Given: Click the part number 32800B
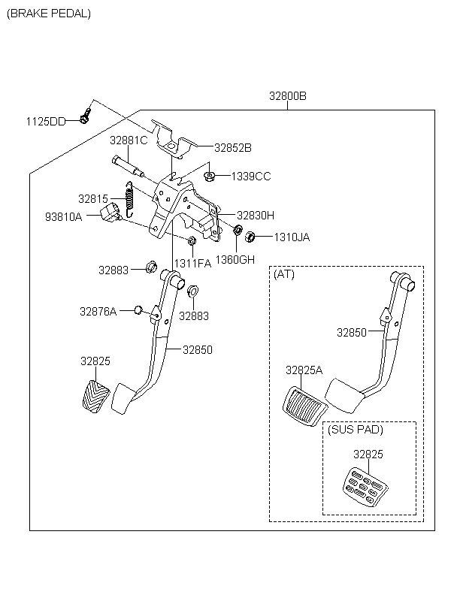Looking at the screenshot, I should (x=288, y=96).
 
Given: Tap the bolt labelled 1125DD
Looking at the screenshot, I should (x=84, y=118).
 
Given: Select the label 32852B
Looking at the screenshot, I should (x=233, y=148).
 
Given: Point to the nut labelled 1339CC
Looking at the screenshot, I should (x=210, y=177).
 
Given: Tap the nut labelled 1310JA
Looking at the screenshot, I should (x=250, y=237).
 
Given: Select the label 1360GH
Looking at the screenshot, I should (x=235, y=260).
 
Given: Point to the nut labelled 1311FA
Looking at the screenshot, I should (x=192, y=241).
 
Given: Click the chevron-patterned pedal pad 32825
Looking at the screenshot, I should (x=95, y=394).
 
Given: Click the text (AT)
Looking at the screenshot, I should (x=284, y=274).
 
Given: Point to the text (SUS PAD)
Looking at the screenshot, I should (x=356, y=430).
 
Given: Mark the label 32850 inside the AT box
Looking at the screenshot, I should (x=352, y=332).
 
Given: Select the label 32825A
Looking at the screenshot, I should (x=304, y=370).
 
